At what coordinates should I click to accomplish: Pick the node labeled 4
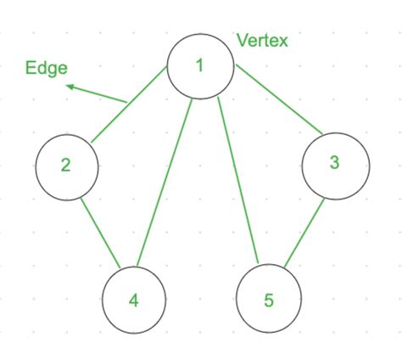point(134,300)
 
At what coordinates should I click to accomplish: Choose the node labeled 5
point(269,300)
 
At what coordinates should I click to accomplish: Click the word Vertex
point(262,40)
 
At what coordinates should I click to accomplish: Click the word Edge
point(47,69)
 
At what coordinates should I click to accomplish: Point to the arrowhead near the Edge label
point(71,86)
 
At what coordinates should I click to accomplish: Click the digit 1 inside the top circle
point(199,65)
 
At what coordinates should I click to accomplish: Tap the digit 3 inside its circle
point(335,163)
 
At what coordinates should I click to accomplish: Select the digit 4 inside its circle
point(133,300)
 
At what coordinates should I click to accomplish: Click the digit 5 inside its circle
point(268,300)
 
